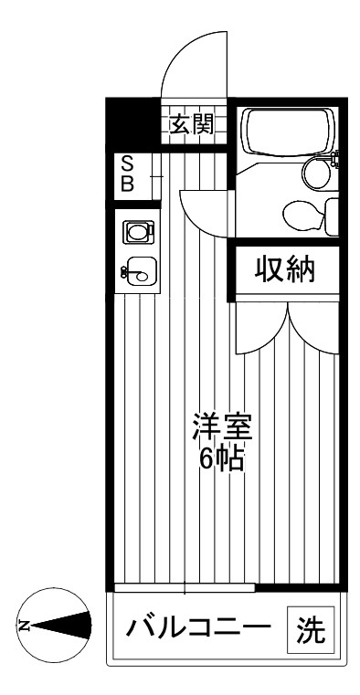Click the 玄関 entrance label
pyautogui.click(x=191, y=123)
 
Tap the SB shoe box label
pyautogui.click(x=128, y=174)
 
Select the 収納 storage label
pyautogui.click(x=284, y=269)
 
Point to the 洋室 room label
pyautogui.click(x=221, y=427)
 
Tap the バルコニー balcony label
pyautogui.click(x=198, y=630)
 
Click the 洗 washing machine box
pyautogui.click(x=311, y=629)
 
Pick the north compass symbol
pyautogui.click(x=57, y=626)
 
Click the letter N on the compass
pyautogui.click(x=25, y=626)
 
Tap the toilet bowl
pyautogui.click(x=302, y=216)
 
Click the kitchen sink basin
pyautogui.click(x=142, y=269)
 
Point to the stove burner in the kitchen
pyautogui.click(x=137, y=233)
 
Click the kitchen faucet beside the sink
pyautogui.click(x=124, y=270)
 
